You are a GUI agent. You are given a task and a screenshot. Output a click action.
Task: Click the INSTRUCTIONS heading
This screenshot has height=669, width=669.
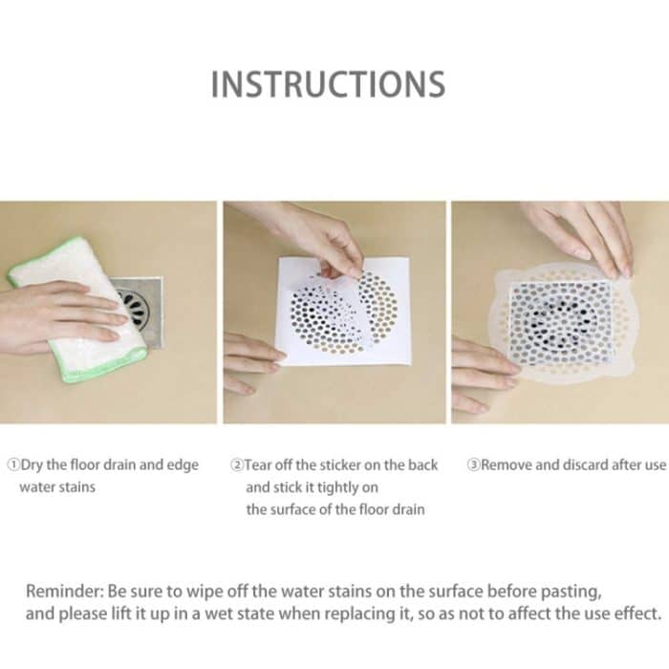329,84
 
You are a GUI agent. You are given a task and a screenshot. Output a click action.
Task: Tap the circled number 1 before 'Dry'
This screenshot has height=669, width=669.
14,464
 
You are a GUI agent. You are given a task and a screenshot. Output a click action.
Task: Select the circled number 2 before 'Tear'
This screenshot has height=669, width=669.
237,464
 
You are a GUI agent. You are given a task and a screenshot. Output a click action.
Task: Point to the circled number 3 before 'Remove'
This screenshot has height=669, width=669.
474,464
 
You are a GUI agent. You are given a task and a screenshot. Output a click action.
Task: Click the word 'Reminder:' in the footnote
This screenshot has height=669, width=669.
65,592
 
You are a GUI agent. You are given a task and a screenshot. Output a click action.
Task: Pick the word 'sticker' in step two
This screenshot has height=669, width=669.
340,464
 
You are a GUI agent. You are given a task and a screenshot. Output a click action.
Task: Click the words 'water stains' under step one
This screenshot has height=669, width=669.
57,486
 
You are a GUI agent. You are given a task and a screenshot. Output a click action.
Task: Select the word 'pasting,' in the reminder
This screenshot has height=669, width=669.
572,593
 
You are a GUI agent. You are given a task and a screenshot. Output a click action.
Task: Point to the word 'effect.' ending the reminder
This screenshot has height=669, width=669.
637,614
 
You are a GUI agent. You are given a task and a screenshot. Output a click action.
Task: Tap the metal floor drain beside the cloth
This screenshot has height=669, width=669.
140,311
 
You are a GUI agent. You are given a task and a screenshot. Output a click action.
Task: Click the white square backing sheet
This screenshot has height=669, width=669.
344,311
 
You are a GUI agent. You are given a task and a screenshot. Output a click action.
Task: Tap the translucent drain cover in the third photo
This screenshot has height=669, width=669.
562,322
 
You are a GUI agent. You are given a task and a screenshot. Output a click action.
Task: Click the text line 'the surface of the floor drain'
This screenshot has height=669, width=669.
335,509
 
